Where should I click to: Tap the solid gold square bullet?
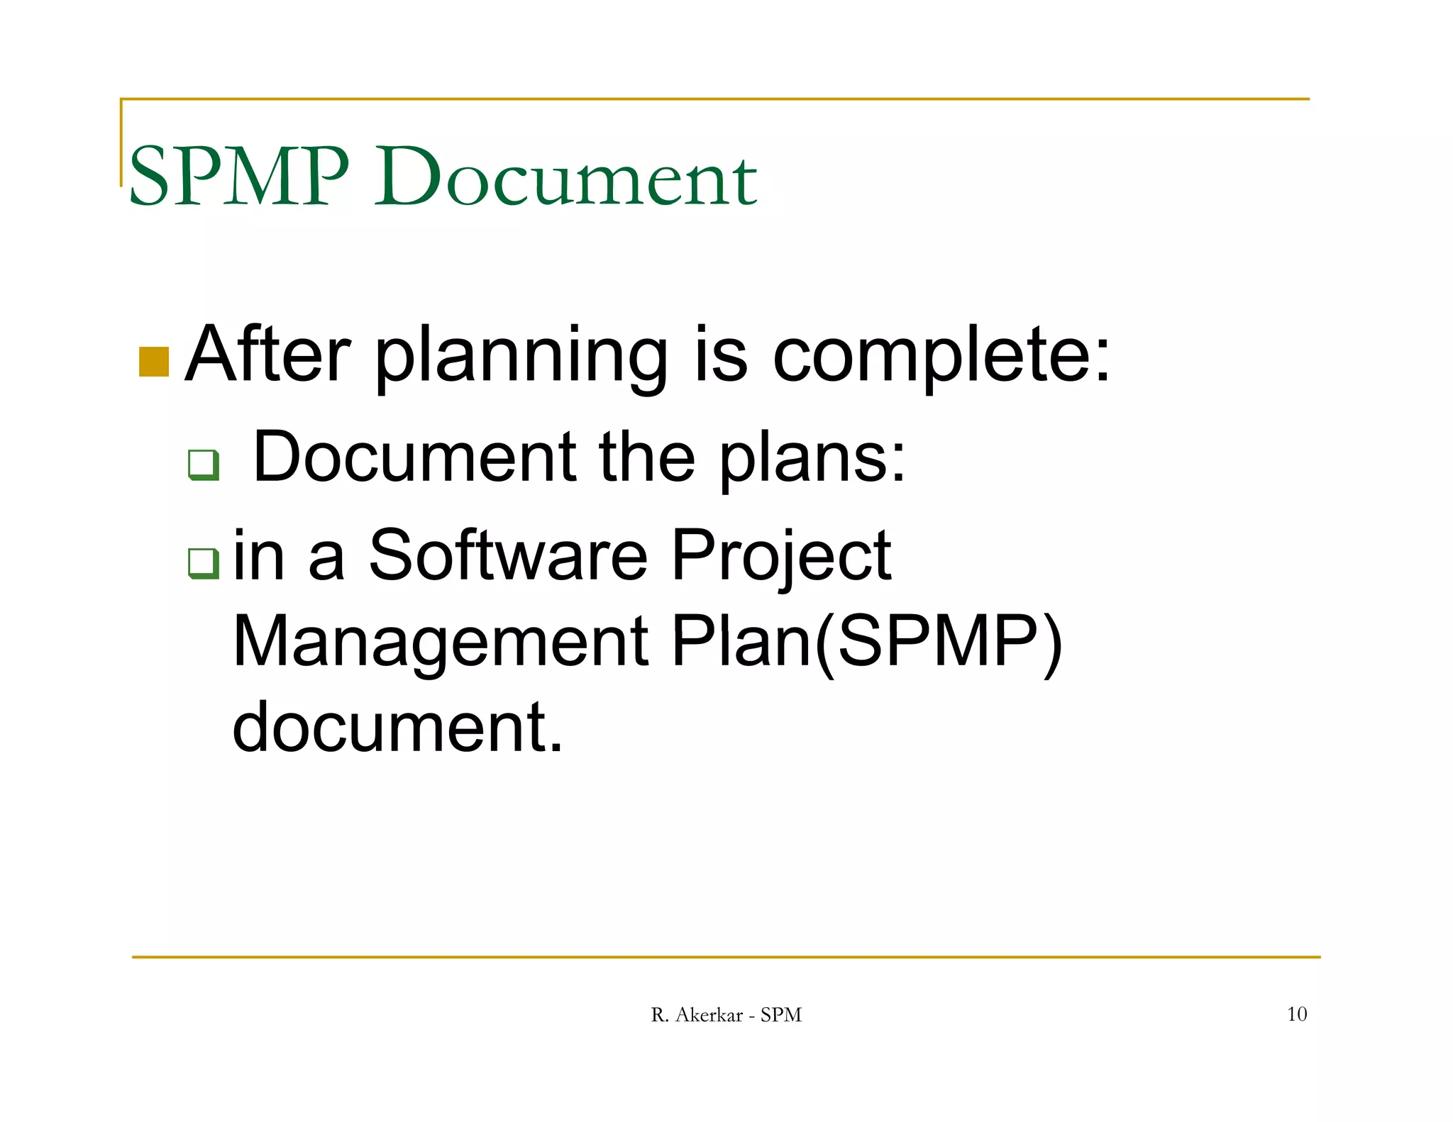coord(154,362)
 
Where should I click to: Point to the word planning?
coord(521,358)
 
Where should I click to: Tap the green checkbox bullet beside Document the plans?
coord(204,465)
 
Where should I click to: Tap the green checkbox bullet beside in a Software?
coord(204,563)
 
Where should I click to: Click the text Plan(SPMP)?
coord(866,642)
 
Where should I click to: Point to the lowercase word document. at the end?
coord(397,727)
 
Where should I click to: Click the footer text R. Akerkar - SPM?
coord(726,1015)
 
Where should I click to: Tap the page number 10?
coord(1297,1014)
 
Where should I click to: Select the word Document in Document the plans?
coord(415,457)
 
